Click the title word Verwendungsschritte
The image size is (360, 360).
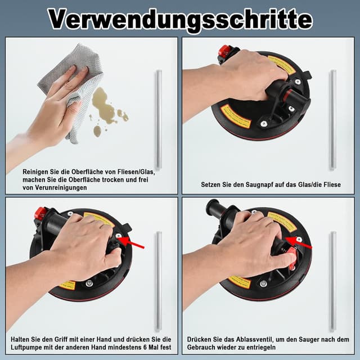[179, 19]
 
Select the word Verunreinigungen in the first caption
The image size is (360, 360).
[62, 188]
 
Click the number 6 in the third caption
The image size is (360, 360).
[145, 347]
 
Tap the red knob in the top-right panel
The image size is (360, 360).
[224, 51]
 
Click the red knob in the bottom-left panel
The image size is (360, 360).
[40, 213]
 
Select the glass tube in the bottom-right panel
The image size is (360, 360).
[333, 281]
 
